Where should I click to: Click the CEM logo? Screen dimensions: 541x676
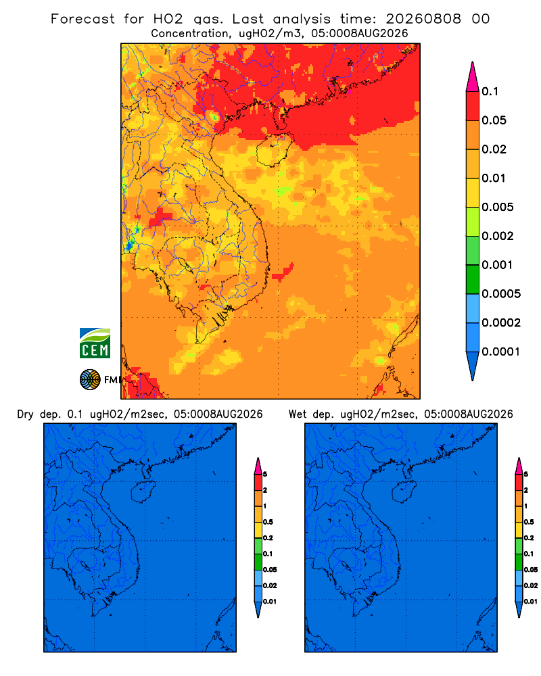click(95, 343)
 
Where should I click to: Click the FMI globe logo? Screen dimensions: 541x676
click(90, 380)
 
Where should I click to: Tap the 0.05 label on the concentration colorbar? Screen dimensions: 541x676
click(494, 120)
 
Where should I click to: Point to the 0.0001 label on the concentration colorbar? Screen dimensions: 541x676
click(501, 352)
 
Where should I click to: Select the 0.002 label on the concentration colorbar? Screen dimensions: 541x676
click(498, 236)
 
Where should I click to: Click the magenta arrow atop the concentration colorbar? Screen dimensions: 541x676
click(473, 76)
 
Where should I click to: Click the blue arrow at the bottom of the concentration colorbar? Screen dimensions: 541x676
click(473, 366)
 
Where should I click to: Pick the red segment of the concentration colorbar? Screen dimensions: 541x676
click(473, 105)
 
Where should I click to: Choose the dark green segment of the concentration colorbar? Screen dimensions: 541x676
click(473, 279)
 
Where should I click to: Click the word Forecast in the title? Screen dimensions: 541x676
click(83, 19)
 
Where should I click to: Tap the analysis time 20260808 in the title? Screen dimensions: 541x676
click(423, 19)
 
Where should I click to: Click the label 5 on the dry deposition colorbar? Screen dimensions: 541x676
click(265, 475)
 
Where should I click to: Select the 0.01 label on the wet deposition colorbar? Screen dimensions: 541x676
click(531, 602)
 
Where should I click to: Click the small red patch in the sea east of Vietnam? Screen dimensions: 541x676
click(283, 272)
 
